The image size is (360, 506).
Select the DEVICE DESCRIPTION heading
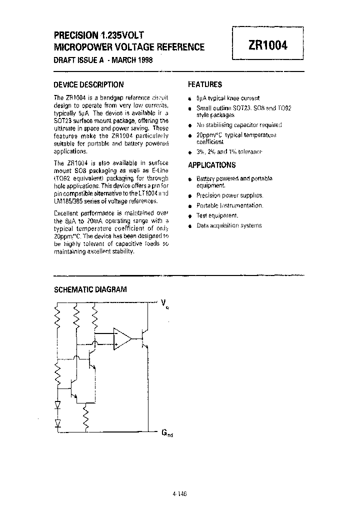pyautogui.click(x=88, y=84)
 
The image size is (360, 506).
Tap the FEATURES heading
pyautogui.click(x=204, y=84)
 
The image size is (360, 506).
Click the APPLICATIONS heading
pyautogui.click(x=211, y=165)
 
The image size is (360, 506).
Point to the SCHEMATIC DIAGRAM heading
pyautogui.click(x=90, y=289)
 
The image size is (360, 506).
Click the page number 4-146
pyautogui.click(x=179, y=493)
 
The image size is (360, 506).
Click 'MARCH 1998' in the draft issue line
pyautogui.click(x=131, y=60)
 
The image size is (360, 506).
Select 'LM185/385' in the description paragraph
pyautogui.click(x=68, y=201)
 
